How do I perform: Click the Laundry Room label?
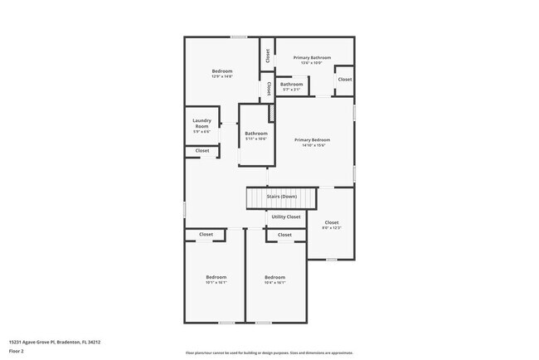[202, 124]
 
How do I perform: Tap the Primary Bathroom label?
[313, 57]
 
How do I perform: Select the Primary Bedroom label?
[313, 140]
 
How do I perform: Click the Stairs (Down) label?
[281, 197]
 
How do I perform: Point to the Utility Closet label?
[286, 216]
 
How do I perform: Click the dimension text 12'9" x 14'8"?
[221, 76]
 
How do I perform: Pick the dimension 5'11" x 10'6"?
[255, 139]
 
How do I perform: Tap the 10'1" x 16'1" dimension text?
[216, 282]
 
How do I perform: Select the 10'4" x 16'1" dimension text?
[274, 282]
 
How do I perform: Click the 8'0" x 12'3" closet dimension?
[332, 227]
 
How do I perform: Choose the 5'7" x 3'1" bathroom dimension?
[291, 90]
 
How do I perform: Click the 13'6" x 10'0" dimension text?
[313, 63]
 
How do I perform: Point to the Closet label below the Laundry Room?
[202, 150]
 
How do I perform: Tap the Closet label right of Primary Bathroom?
[344, 80]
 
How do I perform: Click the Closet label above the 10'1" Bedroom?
[206, 235]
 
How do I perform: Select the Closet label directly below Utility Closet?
[284, 235]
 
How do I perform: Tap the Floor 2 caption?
[17, 351]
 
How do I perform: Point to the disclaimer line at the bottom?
[269, 353]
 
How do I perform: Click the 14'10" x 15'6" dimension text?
[313, 146]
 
